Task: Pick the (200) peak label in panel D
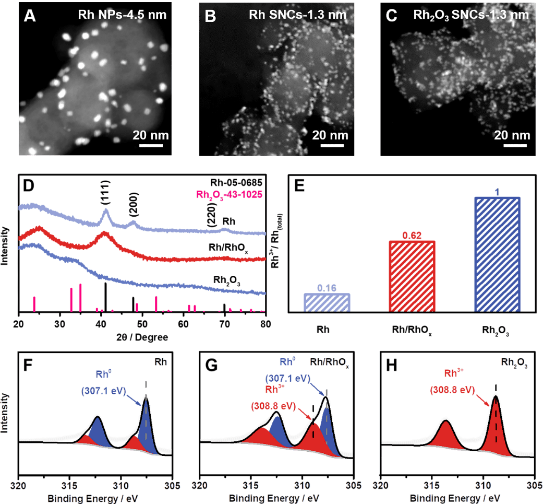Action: [133, 210]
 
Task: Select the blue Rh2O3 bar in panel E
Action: [498, 253]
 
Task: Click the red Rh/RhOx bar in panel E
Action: [412, 276]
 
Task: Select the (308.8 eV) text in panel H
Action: [451, 389]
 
